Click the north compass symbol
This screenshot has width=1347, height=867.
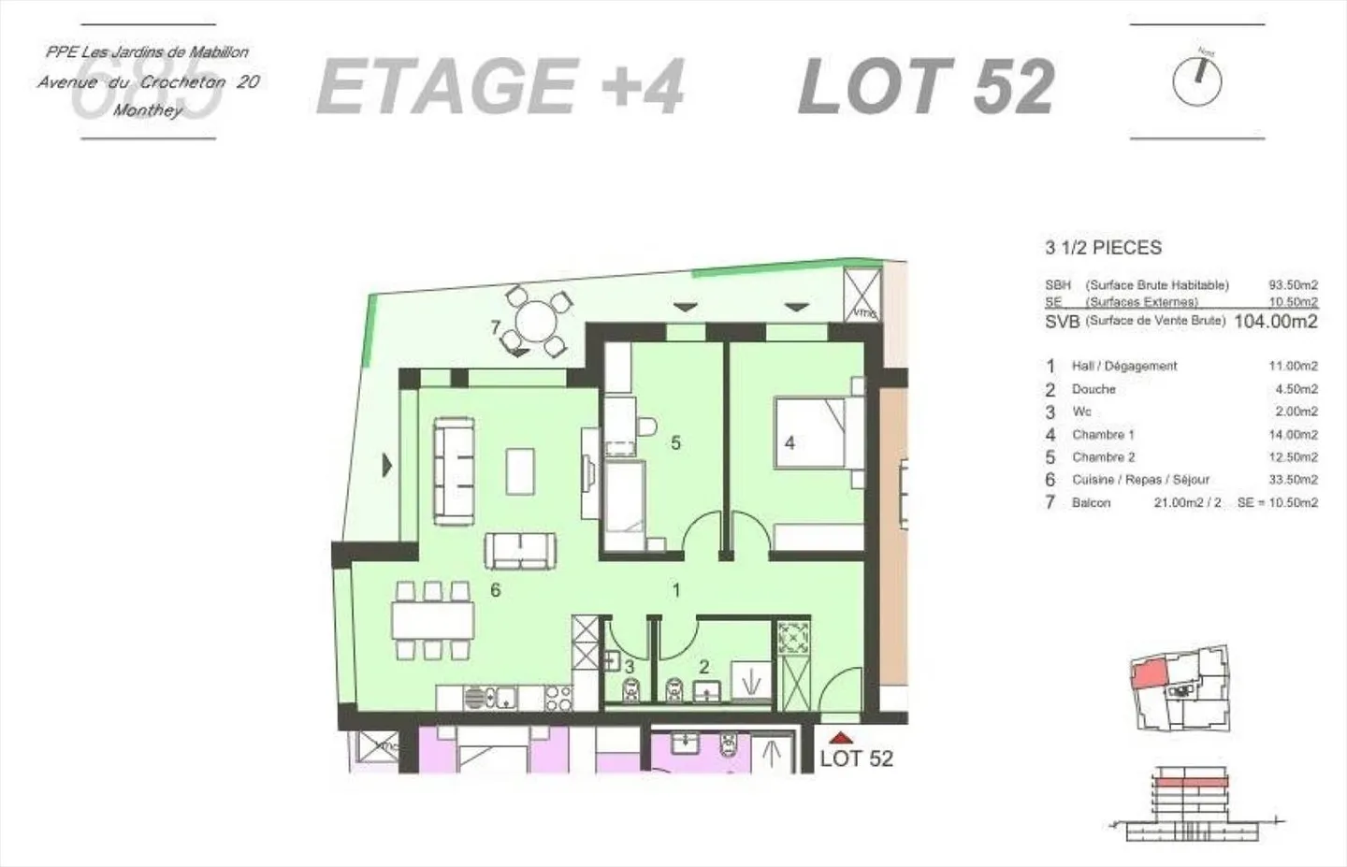1196,80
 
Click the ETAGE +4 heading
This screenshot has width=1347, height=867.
500,86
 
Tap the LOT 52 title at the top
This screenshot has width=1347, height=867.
926,86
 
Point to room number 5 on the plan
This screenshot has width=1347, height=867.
675,442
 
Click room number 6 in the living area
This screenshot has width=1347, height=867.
496,589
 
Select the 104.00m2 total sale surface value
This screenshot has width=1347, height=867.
1276,322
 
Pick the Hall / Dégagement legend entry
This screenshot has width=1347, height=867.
1123,367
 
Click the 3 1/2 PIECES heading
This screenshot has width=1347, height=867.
1103,248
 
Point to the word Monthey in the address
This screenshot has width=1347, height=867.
148,110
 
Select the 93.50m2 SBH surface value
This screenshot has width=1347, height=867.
1293,285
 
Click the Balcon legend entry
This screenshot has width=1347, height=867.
1091,503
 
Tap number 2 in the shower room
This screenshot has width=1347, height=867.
703,667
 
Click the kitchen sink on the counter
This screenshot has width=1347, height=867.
504,697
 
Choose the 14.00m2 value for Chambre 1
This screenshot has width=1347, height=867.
1293,435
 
